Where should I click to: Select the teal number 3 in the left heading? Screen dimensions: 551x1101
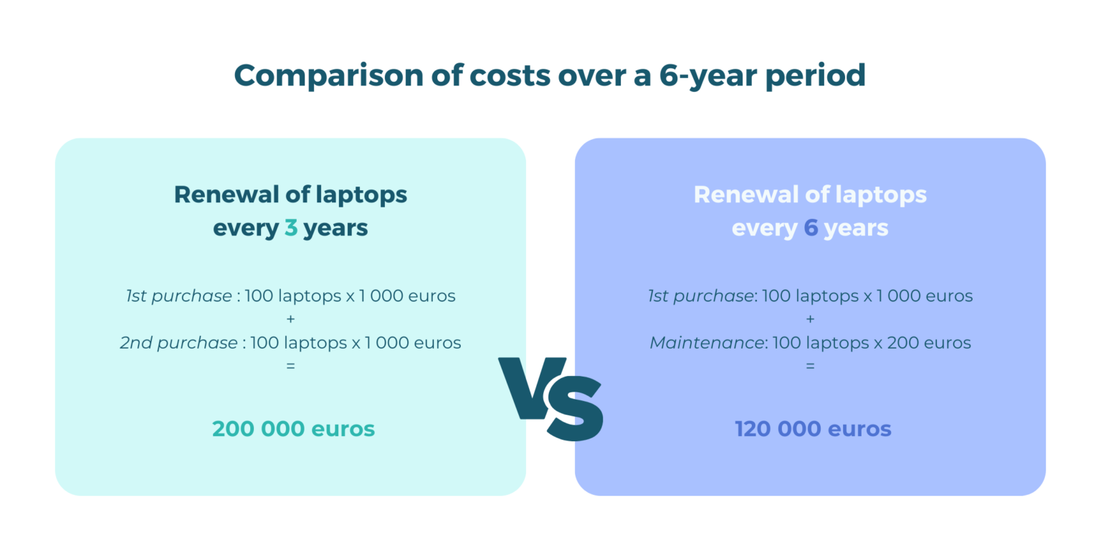tap(290, 228)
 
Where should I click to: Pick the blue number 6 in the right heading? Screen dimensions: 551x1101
tap(811, 228)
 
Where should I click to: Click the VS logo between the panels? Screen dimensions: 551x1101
tap(551, 397)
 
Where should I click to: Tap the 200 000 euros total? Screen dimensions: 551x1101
tap(293, 429)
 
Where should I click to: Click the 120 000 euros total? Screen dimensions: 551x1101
tap(813, 429)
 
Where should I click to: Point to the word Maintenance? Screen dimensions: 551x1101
tap(706, 343)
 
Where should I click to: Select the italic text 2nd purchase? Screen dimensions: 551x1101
tap(178, 343)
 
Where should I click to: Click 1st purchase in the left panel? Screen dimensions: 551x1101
tap(178, 296)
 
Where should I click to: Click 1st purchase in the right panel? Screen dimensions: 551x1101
tap(700, 296)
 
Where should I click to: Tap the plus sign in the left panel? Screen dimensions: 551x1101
tap(290, 319)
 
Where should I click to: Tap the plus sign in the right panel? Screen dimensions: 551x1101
tap(810, 319)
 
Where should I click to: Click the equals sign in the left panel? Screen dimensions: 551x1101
tap(290, 366)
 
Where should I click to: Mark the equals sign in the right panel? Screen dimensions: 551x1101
tap(810, 366)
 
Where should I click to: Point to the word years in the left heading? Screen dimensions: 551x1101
tap(335, 228)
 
